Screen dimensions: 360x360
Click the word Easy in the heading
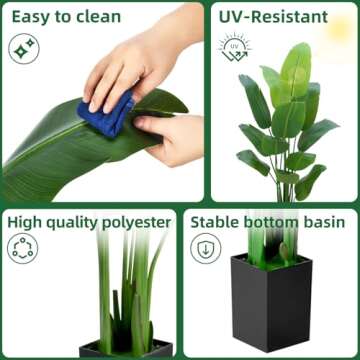32,17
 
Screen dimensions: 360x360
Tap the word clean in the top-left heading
97,17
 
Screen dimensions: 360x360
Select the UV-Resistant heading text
273,17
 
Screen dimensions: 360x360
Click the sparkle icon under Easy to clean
23,49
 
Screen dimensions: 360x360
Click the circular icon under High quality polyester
23,250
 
